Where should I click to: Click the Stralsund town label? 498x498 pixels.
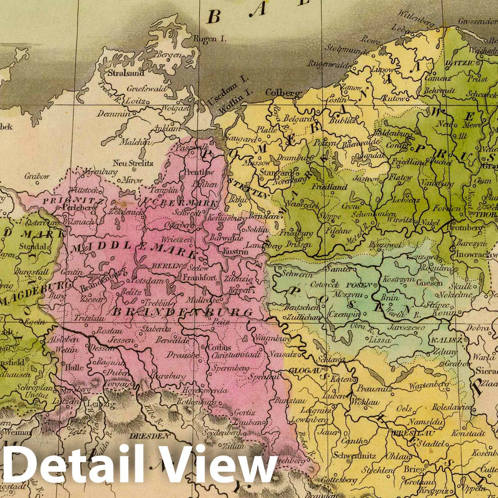[126, 73]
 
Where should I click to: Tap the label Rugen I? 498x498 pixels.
[210, 39]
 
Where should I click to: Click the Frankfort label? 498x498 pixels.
[199, 278]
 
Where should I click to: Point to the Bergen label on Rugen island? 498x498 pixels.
[167, 55]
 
